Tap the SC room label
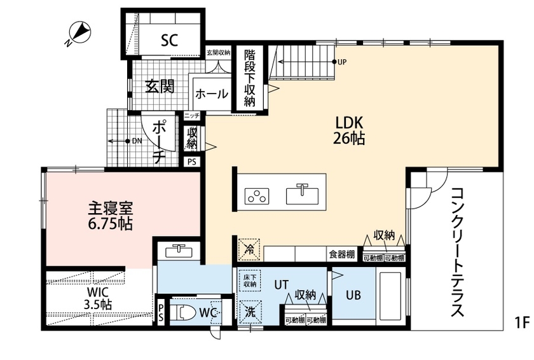[168, 41]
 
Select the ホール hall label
[212, 94]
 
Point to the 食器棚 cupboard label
[341, 254]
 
